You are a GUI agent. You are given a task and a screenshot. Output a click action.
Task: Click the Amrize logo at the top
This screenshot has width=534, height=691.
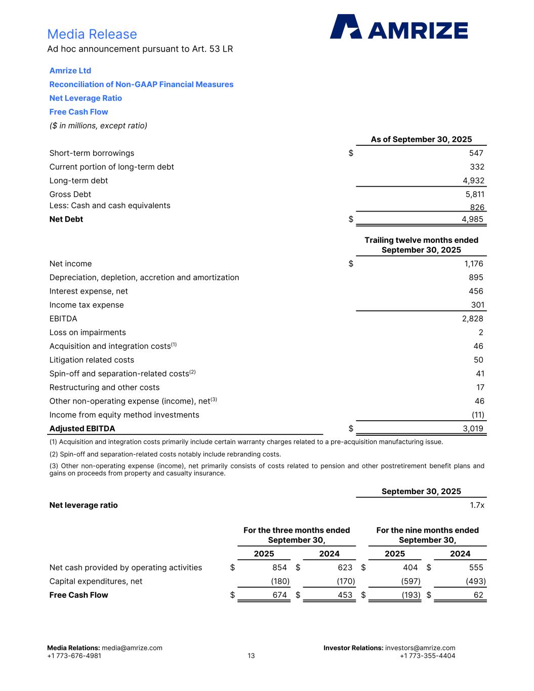tap(399, 27)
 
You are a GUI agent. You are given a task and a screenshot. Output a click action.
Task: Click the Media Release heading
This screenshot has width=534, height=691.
tap(92, 34)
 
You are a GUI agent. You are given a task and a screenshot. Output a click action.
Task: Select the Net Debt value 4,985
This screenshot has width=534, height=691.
tap(472, 219)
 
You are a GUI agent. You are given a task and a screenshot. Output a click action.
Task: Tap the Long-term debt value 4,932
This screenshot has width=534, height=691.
tap(473, 181)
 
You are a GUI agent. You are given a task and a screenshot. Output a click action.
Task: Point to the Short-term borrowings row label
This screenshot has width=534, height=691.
tap(92, 153)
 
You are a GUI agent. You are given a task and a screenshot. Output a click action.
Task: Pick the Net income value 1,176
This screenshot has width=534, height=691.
tap(473, 264)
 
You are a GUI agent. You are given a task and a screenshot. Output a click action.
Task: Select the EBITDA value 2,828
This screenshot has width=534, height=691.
tap(472, 318)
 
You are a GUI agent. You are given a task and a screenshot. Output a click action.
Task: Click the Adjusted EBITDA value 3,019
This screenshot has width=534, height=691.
tap(473, 429)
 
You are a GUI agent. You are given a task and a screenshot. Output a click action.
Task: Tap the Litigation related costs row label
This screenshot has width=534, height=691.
tap(92, 360)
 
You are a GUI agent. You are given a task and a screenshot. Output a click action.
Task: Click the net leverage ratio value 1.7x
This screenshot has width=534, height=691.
tap(477, 505)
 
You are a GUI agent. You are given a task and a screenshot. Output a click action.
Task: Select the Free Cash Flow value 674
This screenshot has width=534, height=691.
tap(279, 595)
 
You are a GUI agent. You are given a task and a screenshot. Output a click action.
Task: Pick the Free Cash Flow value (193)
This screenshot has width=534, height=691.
tap(410, 595)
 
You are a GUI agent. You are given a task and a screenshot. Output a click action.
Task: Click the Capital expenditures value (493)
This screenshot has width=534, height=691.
tap(475, 582)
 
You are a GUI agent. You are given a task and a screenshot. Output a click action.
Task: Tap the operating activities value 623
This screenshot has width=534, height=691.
tap(345, 567)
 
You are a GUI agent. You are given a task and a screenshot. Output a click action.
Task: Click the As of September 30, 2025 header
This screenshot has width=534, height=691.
tap(421, 139)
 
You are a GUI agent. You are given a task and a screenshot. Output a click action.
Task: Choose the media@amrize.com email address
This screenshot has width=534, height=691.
tap(132, 648)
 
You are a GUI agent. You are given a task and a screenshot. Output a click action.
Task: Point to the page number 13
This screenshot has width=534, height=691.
tap(251, 656)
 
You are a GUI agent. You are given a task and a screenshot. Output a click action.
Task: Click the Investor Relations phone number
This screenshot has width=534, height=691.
tap(427, 656)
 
